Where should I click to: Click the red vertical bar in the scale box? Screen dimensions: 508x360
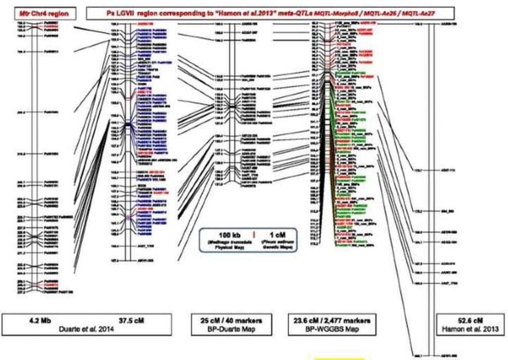coord(254,234)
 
